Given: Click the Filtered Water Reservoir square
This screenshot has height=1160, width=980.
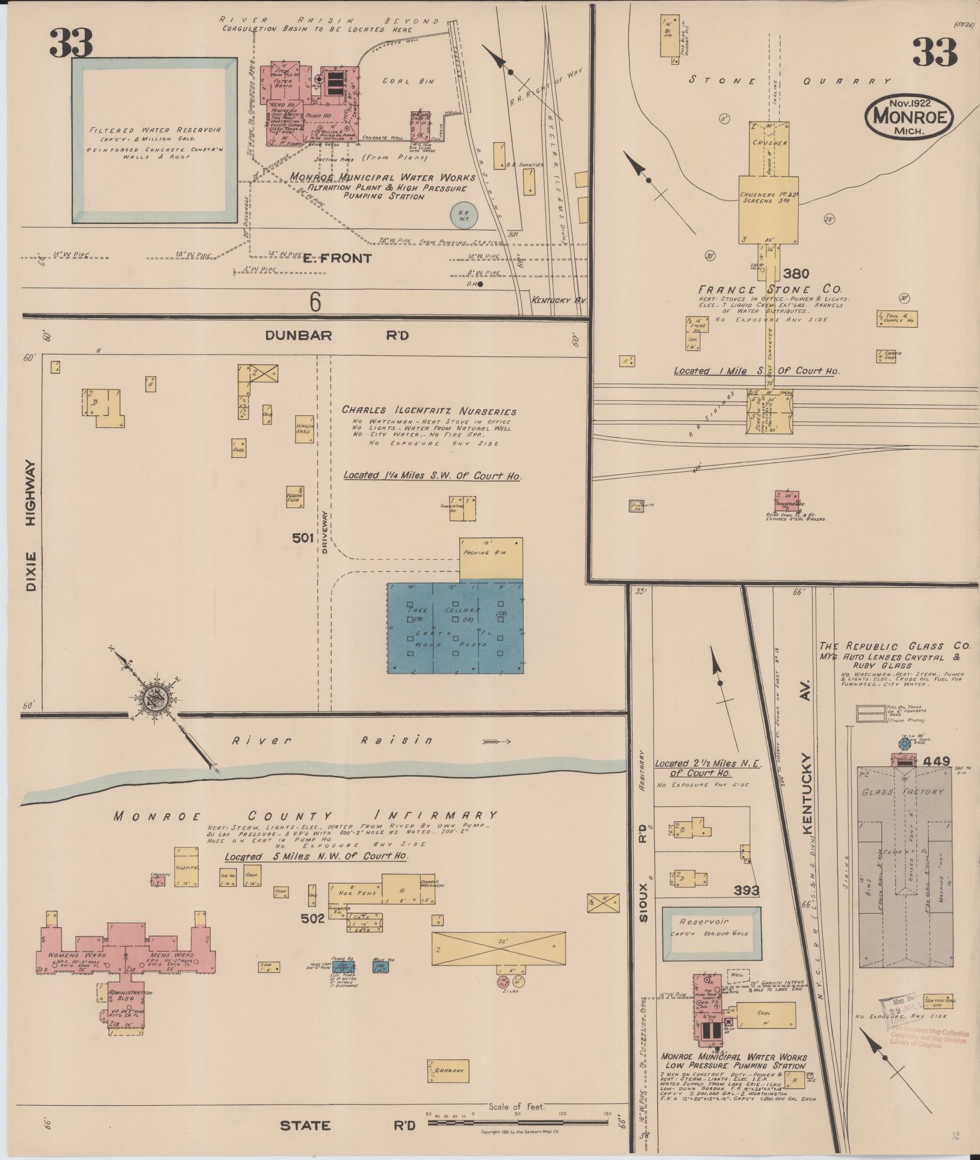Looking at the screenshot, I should tap(154, 141).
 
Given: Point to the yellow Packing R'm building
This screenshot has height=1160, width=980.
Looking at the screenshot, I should tap(491, 558).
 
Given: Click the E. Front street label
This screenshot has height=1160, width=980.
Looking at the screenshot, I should tap(336, 258).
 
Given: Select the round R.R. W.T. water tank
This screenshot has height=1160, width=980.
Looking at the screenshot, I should tap(464, 215).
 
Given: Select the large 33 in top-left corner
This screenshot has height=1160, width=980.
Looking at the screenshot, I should tap(71, 42).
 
